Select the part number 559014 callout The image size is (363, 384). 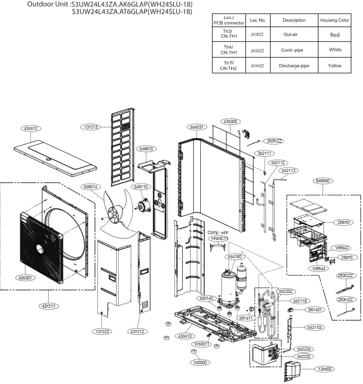[x=90, y=187]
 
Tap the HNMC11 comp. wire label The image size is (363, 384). [x=219, y=238]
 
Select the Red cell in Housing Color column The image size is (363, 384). [x=335, y=35]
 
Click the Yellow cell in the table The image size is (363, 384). [x=335, y=66]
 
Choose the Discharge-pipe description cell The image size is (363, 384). [x=294, y=66]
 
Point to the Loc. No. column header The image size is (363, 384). [x=258, y=20]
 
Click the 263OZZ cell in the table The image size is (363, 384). [x=258, y=50]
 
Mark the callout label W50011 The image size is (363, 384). [x=202, y=344]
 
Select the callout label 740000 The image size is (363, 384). [x=202, y=363]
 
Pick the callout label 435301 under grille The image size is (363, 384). [x=27, y=278]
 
